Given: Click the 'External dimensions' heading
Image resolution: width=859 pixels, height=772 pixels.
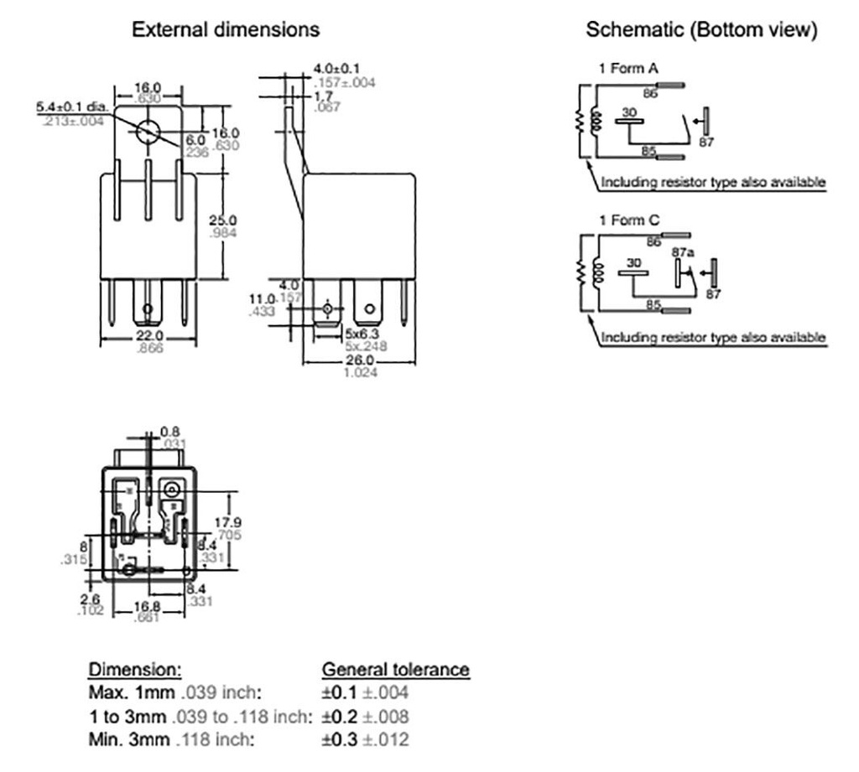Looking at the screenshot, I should (226, 29).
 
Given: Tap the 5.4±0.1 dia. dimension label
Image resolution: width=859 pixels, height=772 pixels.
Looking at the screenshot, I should (73, 108).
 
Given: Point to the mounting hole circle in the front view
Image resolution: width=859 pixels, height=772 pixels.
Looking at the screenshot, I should (148, 132).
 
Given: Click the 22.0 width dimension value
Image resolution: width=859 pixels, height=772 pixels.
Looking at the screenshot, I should (148, 335).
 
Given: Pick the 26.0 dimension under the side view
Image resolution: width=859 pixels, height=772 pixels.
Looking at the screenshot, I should (360, 361).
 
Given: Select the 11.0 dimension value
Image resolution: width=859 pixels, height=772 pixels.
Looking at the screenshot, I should (263, 299).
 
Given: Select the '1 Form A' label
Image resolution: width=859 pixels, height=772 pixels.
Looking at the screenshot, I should (622, 69).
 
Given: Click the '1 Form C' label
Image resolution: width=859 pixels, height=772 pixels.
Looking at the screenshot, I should (622, 220).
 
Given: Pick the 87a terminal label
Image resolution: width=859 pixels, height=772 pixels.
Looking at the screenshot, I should (681, 251).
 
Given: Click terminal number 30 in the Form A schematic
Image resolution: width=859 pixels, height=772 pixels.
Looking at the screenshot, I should (630, 111).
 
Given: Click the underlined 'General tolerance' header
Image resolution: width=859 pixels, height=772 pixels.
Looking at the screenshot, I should (396, 670).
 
